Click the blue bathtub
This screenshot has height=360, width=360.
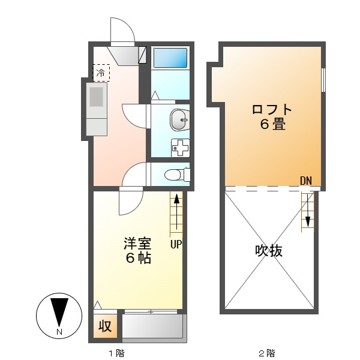point(170,58)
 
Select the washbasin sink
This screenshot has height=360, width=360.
point(178,120)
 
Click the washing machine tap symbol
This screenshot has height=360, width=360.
point(180,147)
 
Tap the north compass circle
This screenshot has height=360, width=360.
point(58,316)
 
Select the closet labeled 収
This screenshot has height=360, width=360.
point(105,326)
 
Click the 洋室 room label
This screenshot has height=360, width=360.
point(137,244)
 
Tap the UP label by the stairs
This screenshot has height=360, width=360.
point(176,244)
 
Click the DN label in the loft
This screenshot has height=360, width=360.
point(307,180)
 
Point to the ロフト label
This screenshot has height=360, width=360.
point(272,110)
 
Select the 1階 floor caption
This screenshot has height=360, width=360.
point(116,352)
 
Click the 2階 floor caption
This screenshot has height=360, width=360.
point(266,352)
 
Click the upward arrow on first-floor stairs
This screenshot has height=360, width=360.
point(176,207)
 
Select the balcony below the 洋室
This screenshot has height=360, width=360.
point(152,327)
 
